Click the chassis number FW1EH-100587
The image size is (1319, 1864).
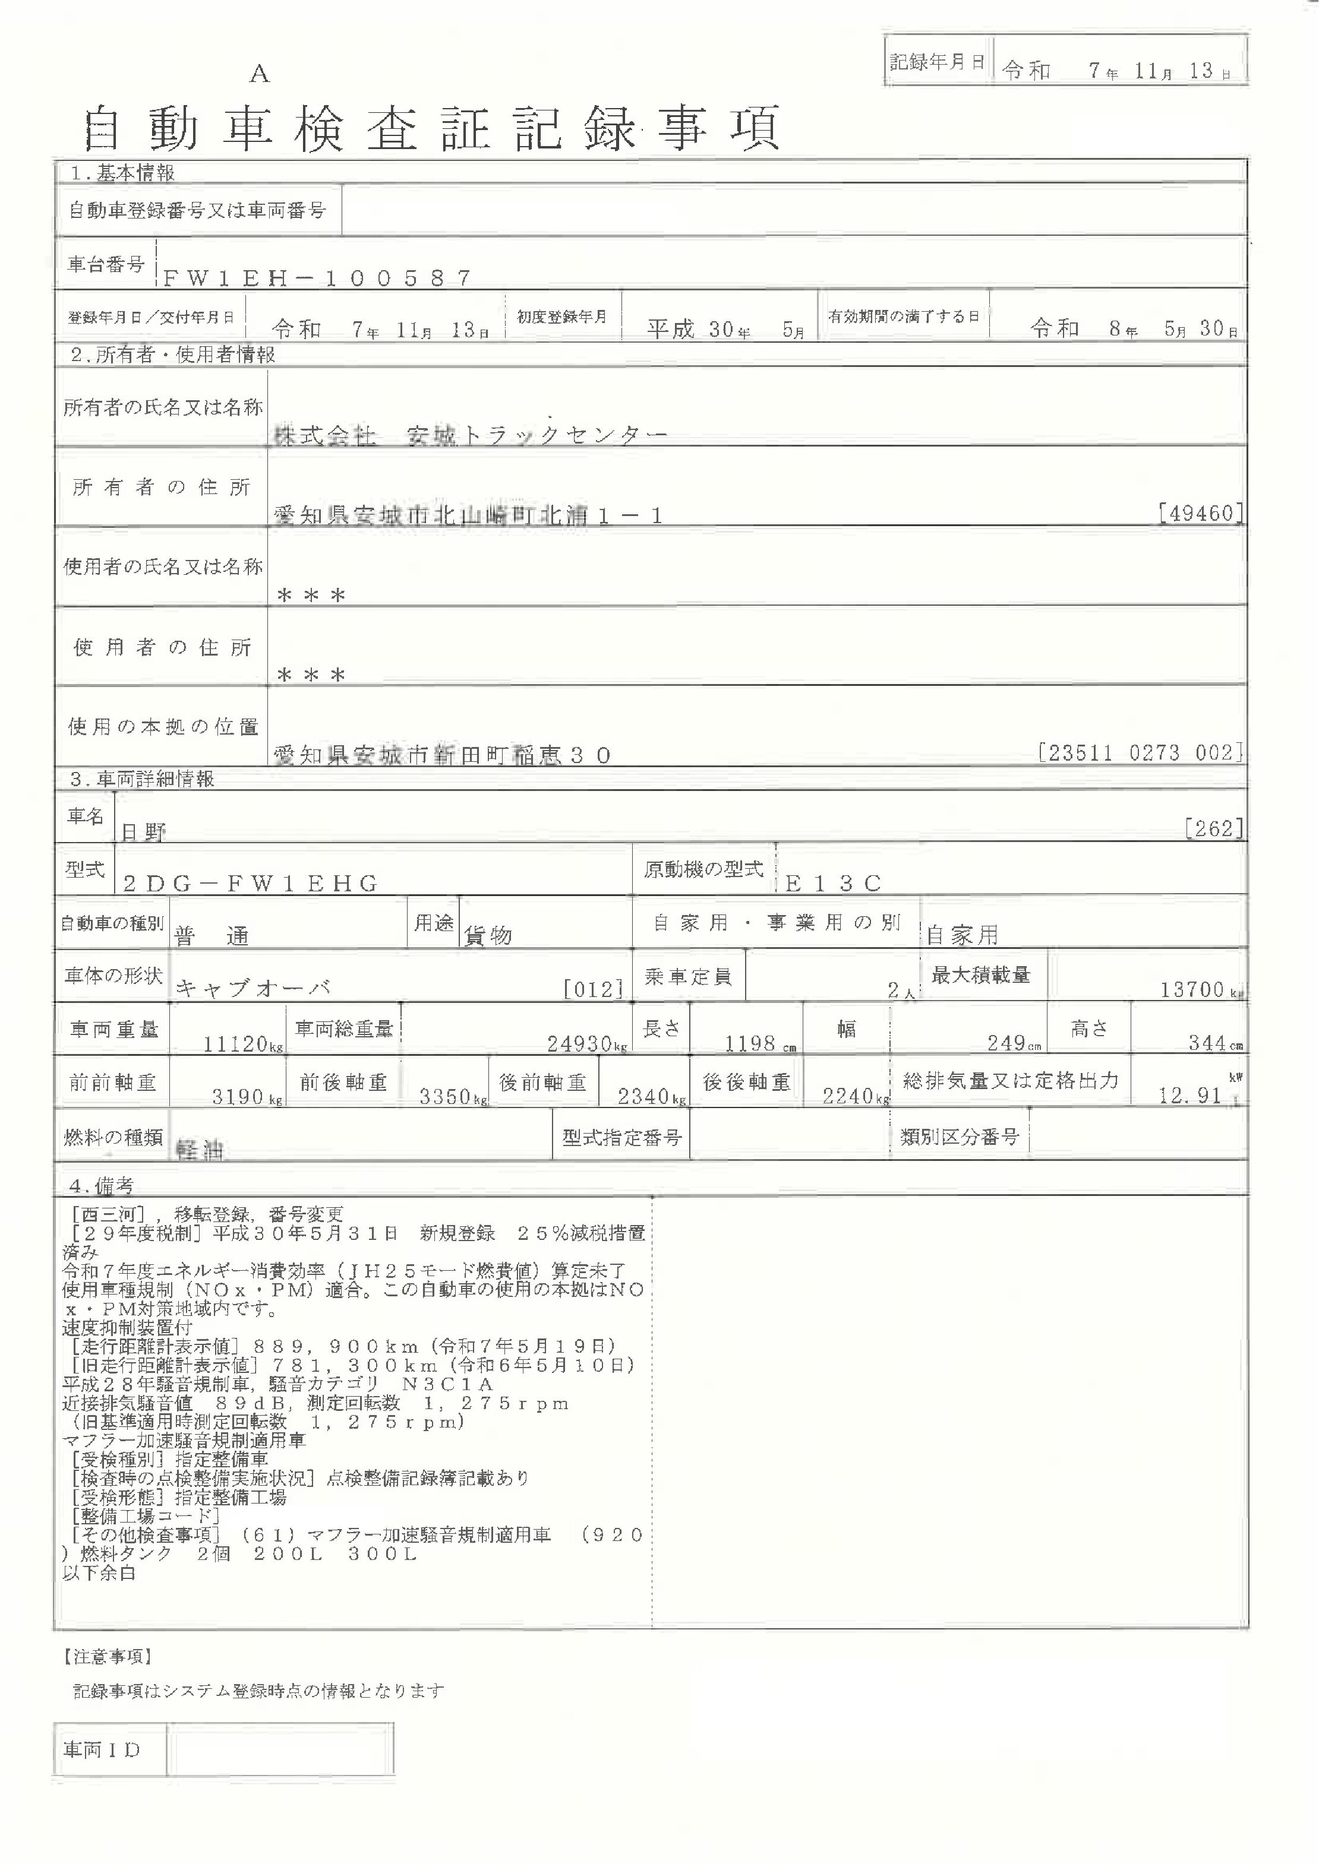pyautogui.click(x=317, y=279)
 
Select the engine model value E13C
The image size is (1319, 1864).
pyautogui.click(x=834, y=883)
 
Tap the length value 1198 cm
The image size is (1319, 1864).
pyautogui.click(x=759, y=1044)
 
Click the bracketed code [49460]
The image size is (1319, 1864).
pyautogui.click(x=1200, y=513)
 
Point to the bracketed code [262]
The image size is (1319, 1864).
pyautogui.click(x=1213, y=829)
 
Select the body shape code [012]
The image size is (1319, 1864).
pyautogui.click(x=593, y=989)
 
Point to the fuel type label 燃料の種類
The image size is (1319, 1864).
pyautogui.click(x=113, y=1137)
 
